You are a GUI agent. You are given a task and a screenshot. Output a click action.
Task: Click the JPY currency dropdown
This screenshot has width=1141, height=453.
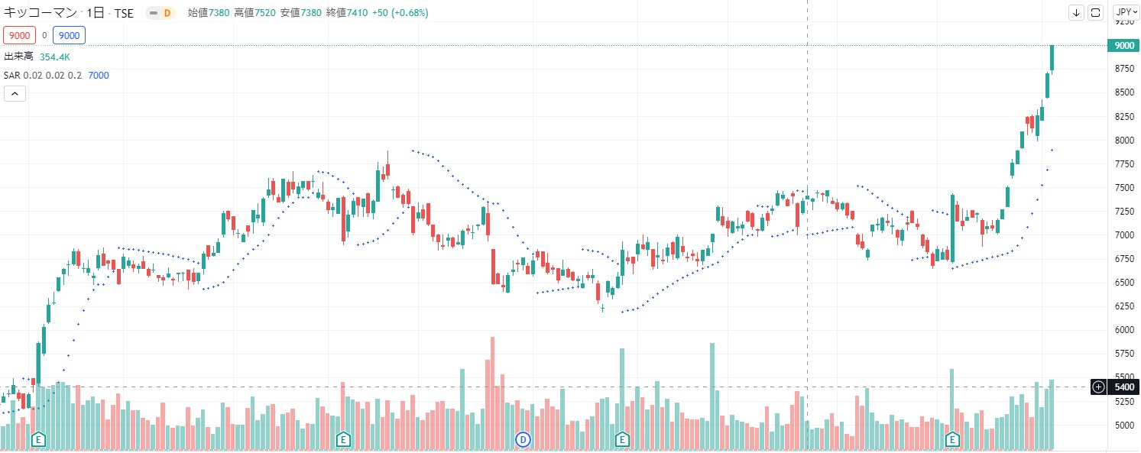pyautogui.click(x=1123, y=12)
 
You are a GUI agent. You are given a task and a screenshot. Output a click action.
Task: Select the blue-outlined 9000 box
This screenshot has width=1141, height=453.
pyautogui.click(x=69, y=34)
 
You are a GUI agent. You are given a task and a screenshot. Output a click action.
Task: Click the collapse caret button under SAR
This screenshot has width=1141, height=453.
pyautogui.click(x=15, y=94)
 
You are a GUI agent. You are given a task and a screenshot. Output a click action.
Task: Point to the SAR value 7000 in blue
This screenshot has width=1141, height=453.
pyautogui.click(x=99, y=75)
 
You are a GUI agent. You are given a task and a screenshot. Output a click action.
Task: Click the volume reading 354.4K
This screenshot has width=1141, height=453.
pyautogui.click(x=55, y=57)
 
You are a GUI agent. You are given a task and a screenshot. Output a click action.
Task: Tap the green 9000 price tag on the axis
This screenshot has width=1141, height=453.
pyautogui.click(x=1124, y=46)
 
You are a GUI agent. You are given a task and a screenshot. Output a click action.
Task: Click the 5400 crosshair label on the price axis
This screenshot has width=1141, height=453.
pyautogui.click(x=1124, y=387)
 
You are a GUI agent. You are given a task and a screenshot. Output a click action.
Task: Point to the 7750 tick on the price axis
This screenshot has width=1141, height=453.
pyautogui.click(x=1123, y=164)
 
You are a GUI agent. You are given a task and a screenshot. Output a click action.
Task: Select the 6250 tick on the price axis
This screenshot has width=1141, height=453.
pyautogui.click(x=1123, y=306)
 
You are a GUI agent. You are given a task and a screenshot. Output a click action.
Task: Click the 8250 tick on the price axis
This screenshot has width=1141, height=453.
pyautogui.click(x=1123, y=117)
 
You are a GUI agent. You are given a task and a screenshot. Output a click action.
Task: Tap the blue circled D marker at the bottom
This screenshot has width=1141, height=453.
pyautogui.click(x=523, y=439)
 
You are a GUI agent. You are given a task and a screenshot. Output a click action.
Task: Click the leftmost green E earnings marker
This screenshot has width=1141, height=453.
pyautogui.click(x=37, y=439)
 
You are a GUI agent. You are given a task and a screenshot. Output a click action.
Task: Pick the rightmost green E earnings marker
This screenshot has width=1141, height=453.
pyautogui.click(x=952, y=439)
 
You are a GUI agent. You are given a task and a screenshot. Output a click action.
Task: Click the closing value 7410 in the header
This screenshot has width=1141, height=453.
pyautogui.click(x=356, y=13)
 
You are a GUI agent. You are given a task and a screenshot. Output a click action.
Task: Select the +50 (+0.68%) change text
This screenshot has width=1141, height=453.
pyautogui.click(x=400, y=13)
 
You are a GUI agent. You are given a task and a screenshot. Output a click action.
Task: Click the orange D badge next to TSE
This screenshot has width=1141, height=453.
pyautogui.click(x=166, y=13)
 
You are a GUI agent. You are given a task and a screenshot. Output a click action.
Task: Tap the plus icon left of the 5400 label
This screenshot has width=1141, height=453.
pyautogui.click(x=1098, y=387)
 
